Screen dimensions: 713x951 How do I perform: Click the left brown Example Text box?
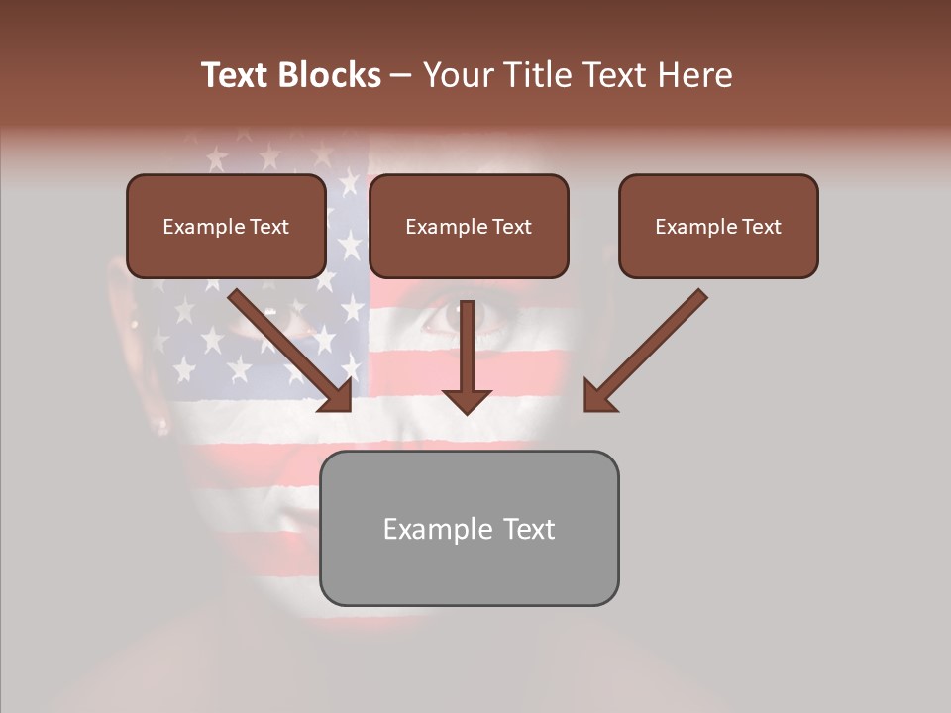point(226,227)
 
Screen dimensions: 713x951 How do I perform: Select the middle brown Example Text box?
point(469,227)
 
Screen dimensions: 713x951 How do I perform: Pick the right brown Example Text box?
point(718,227)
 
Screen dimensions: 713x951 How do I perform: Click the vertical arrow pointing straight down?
point(467,356)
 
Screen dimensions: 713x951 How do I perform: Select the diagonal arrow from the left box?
point(287,347)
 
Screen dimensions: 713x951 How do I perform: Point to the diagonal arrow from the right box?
point(648,347)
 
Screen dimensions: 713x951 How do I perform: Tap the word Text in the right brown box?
point(761,227)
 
